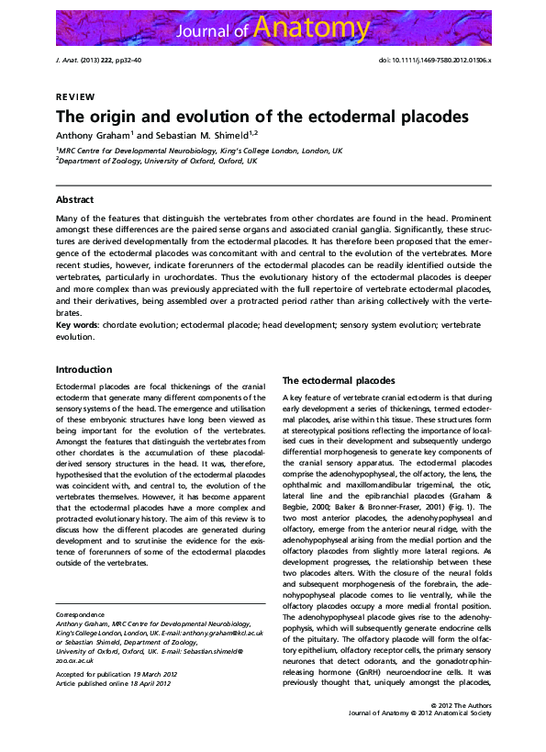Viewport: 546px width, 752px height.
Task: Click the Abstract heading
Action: click(74, 199)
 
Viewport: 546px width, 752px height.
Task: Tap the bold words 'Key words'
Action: click(77, 325)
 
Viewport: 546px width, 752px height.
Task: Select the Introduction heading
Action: click(84, 369)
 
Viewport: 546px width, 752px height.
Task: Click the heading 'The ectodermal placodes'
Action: click(338, 380)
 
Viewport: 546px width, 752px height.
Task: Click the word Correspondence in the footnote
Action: click(81, 614)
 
